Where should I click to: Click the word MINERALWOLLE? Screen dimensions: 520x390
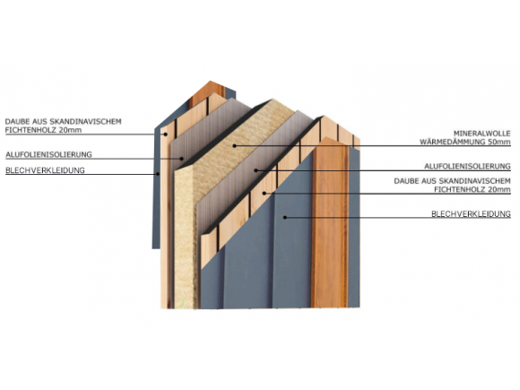481,134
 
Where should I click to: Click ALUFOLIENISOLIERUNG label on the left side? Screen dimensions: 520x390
48,154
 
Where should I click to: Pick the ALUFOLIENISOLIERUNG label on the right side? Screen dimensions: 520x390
468,166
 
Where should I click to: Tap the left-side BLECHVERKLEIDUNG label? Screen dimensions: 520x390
45,170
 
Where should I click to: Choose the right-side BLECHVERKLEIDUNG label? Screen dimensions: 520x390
471,214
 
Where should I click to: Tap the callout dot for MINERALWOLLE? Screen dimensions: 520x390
235,145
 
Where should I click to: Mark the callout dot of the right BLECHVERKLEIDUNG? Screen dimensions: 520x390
284,218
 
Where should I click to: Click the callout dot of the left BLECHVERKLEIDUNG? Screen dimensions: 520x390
158,174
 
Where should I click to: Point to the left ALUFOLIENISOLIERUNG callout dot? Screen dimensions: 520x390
181,159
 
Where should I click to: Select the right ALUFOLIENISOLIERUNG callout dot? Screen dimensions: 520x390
256,170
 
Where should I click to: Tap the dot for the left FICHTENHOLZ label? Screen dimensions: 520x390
165,134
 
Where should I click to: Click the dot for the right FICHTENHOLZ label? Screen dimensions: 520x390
264,193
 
